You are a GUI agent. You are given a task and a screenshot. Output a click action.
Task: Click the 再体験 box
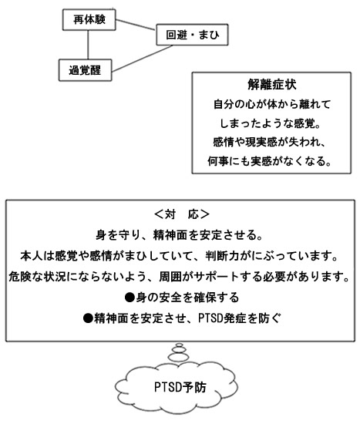[x=89, y=20]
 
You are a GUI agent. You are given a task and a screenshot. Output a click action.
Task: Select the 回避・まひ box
[x=192, y=35]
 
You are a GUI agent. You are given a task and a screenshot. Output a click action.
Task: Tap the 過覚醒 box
[x=86, y=70]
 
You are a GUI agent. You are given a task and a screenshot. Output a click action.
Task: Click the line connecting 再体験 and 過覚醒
[x=88, y=45]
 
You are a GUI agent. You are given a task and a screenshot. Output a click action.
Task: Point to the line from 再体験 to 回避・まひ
[x=136, y=25]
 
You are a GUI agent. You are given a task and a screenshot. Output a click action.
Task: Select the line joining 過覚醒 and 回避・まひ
[x=143, y=59]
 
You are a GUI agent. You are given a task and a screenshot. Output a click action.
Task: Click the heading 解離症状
[x=271, y=85]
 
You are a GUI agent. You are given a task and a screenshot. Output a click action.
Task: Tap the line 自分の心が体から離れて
[x=271, y=104]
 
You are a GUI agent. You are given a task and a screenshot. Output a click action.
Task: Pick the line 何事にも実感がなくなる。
[x=269, y=161]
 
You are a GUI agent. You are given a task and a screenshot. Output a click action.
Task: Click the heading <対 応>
[x=181, y=214]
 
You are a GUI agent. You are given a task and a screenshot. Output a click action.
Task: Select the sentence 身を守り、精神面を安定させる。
[x=180, y=235]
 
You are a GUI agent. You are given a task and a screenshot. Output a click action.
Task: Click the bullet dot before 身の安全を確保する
[x=130, y=298]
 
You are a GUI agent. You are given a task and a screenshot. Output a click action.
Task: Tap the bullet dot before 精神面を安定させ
[x=88, y=318]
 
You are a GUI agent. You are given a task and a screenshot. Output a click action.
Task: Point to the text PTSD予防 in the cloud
[x=180, y=387]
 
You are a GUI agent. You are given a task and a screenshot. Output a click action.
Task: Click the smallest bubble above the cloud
[x=180, y=345]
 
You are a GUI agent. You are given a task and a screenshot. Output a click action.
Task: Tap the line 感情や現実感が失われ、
[x=269, y=143]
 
